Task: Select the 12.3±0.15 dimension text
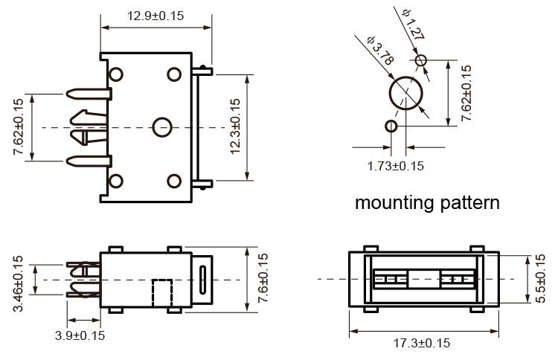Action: [236, 126]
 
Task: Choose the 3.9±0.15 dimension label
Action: [80, 335]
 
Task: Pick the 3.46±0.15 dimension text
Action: [19, 283]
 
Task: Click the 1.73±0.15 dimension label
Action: [395, 165]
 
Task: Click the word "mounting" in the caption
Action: [396, 202]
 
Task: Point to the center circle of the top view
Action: [161, 127]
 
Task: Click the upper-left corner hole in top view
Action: [116, 74]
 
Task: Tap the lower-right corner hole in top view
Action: [173, 181]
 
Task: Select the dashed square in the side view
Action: [161, 293]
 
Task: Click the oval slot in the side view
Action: [204, 278]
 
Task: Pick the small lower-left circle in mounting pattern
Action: [391, 126]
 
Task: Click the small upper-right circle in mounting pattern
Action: [422, 60]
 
